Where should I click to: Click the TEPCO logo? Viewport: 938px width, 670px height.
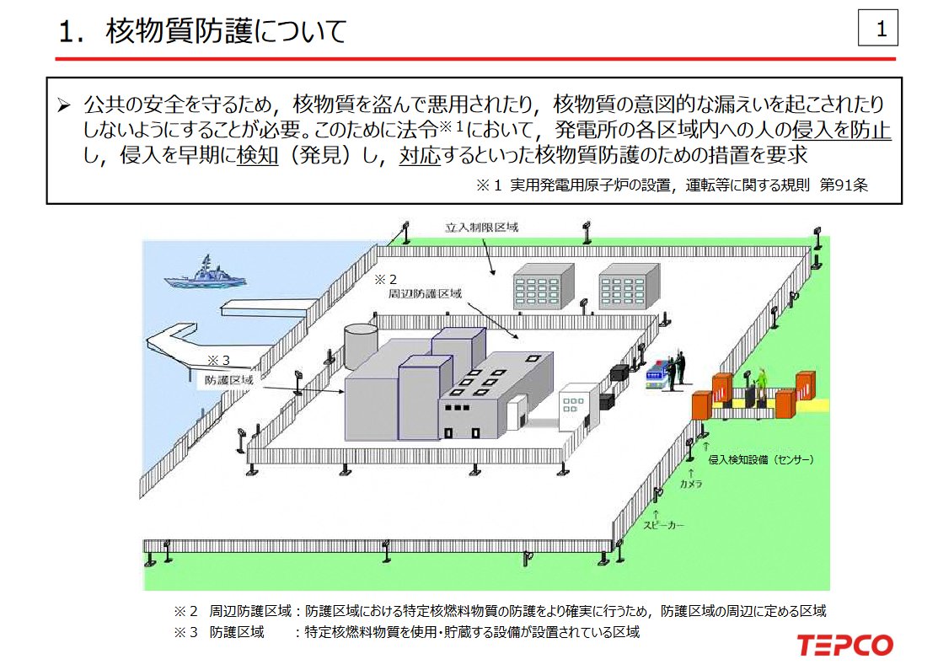click(844, 646)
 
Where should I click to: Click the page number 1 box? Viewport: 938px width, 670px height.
click(877, 28)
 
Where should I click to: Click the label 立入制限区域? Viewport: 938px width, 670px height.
click(481, 228)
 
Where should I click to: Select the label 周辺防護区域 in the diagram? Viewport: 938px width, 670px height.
click(425, 294)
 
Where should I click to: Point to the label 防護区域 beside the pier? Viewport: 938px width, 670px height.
click(229, 380)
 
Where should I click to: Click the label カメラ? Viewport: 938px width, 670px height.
click(691, 484)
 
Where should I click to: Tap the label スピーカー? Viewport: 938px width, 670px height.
click(662, 525)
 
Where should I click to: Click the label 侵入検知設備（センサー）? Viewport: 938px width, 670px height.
click(761, 459)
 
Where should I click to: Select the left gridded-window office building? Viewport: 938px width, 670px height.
click(544, 287)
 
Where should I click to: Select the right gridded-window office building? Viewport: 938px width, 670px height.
click(630, 287)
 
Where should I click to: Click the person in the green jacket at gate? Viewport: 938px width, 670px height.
click(762, 383)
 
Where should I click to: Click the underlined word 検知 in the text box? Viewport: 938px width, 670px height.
click(258, 155)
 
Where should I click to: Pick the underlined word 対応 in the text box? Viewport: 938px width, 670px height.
click(420, 155)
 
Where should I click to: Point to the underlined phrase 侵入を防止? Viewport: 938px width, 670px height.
click(841, 129)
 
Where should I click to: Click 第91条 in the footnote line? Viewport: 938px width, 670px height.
click(844, 185)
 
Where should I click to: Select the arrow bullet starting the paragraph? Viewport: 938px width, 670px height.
click(64, 106)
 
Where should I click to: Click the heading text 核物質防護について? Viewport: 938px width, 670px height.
click(226, 30)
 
